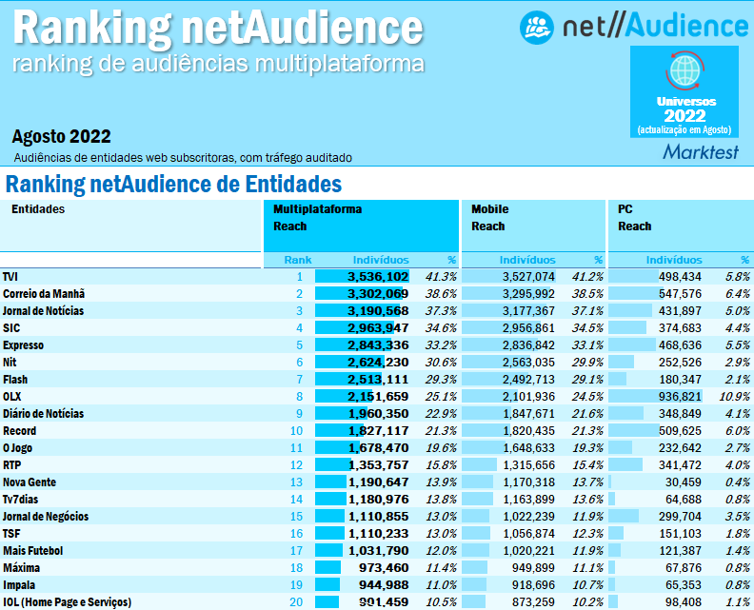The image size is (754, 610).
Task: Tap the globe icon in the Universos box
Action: tap(684, 70)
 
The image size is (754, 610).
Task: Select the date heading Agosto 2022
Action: tap(62, 136)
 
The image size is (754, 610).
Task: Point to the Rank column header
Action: tap(298, 259)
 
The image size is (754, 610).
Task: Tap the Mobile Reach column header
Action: tap(489, 218)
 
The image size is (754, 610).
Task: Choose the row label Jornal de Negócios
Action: tap(46, 516)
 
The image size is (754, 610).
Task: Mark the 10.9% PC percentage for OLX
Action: tap(733, 396)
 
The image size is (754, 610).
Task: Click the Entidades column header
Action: tap(38, 209)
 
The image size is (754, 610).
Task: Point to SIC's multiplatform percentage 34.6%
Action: tap(441, 327)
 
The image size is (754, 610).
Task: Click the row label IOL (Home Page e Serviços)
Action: tap(67, 601)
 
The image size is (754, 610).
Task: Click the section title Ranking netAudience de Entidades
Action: tap(173, 184)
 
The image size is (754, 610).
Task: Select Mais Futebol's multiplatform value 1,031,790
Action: tap(377, 550)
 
